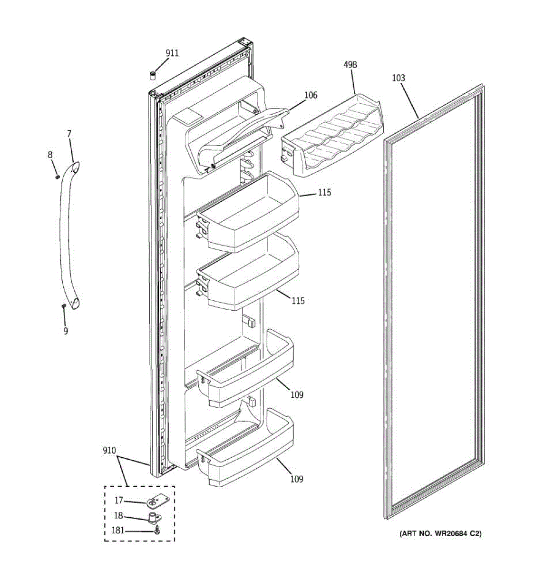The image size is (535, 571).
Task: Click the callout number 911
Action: [x=172, y=53]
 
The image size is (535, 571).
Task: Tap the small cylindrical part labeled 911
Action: [x=153, y=75]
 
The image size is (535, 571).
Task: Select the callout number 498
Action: [x=350, y=65]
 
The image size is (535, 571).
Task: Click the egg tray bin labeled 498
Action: [x=333, y=136]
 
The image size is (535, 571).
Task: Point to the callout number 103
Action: [x=399, y=78]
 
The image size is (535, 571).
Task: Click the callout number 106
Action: [x=311, y=95]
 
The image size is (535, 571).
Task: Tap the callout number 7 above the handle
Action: [x=69, y=134]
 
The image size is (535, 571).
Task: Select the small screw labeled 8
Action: [x=58, y=177]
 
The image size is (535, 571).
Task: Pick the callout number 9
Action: [x=66, y=331]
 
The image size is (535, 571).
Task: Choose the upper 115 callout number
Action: [x=325, y=193]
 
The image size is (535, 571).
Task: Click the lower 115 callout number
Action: [x=298, y=301]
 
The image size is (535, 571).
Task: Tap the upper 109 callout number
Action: [x=297, y=394]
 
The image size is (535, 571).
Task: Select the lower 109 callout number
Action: [x=297, y=479]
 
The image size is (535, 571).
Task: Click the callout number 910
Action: [x=109, y=451]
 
